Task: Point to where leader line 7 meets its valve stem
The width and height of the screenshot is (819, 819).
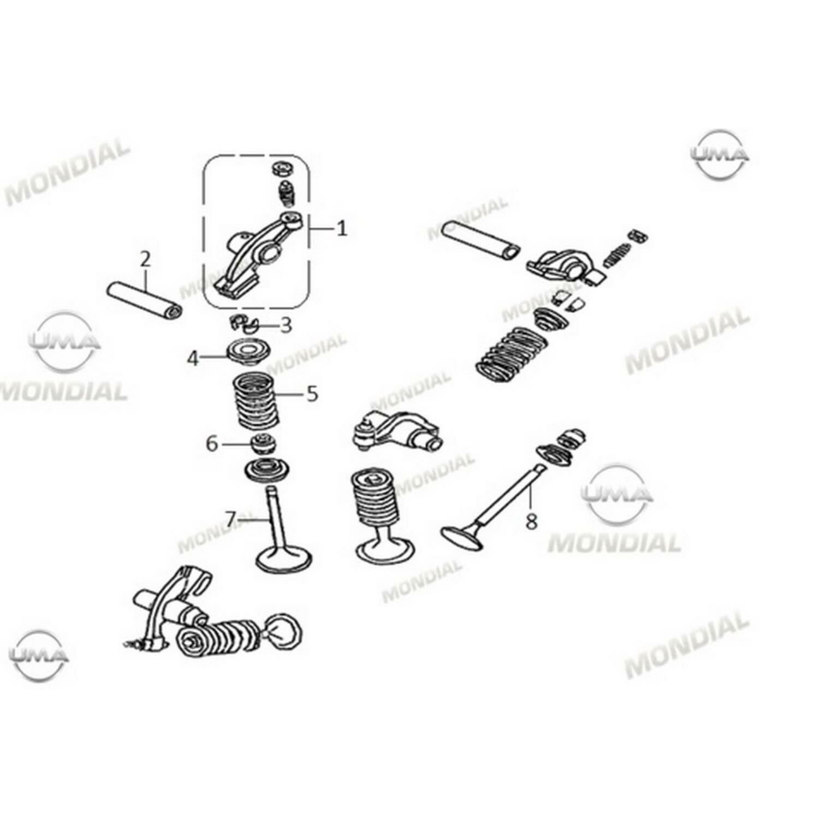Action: (x=269, y=520)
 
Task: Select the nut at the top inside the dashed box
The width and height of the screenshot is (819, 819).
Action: (x=282, y=168)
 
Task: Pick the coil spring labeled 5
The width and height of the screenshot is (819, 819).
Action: (x=257, y=401)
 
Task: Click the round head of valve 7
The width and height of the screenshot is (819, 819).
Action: (x=284, y=558)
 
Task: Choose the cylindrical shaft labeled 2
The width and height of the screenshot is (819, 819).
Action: (x=144, y=301)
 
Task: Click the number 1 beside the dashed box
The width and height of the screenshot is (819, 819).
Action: (x=342, y=228)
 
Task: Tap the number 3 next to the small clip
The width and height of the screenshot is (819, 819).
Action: (x=286, y=325)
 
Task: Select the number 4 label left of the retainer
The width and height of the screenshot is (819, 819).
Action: (x=193, y=359)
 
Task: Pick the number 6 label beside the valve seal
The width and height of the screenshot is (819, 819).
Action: (x=212, y=444)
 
